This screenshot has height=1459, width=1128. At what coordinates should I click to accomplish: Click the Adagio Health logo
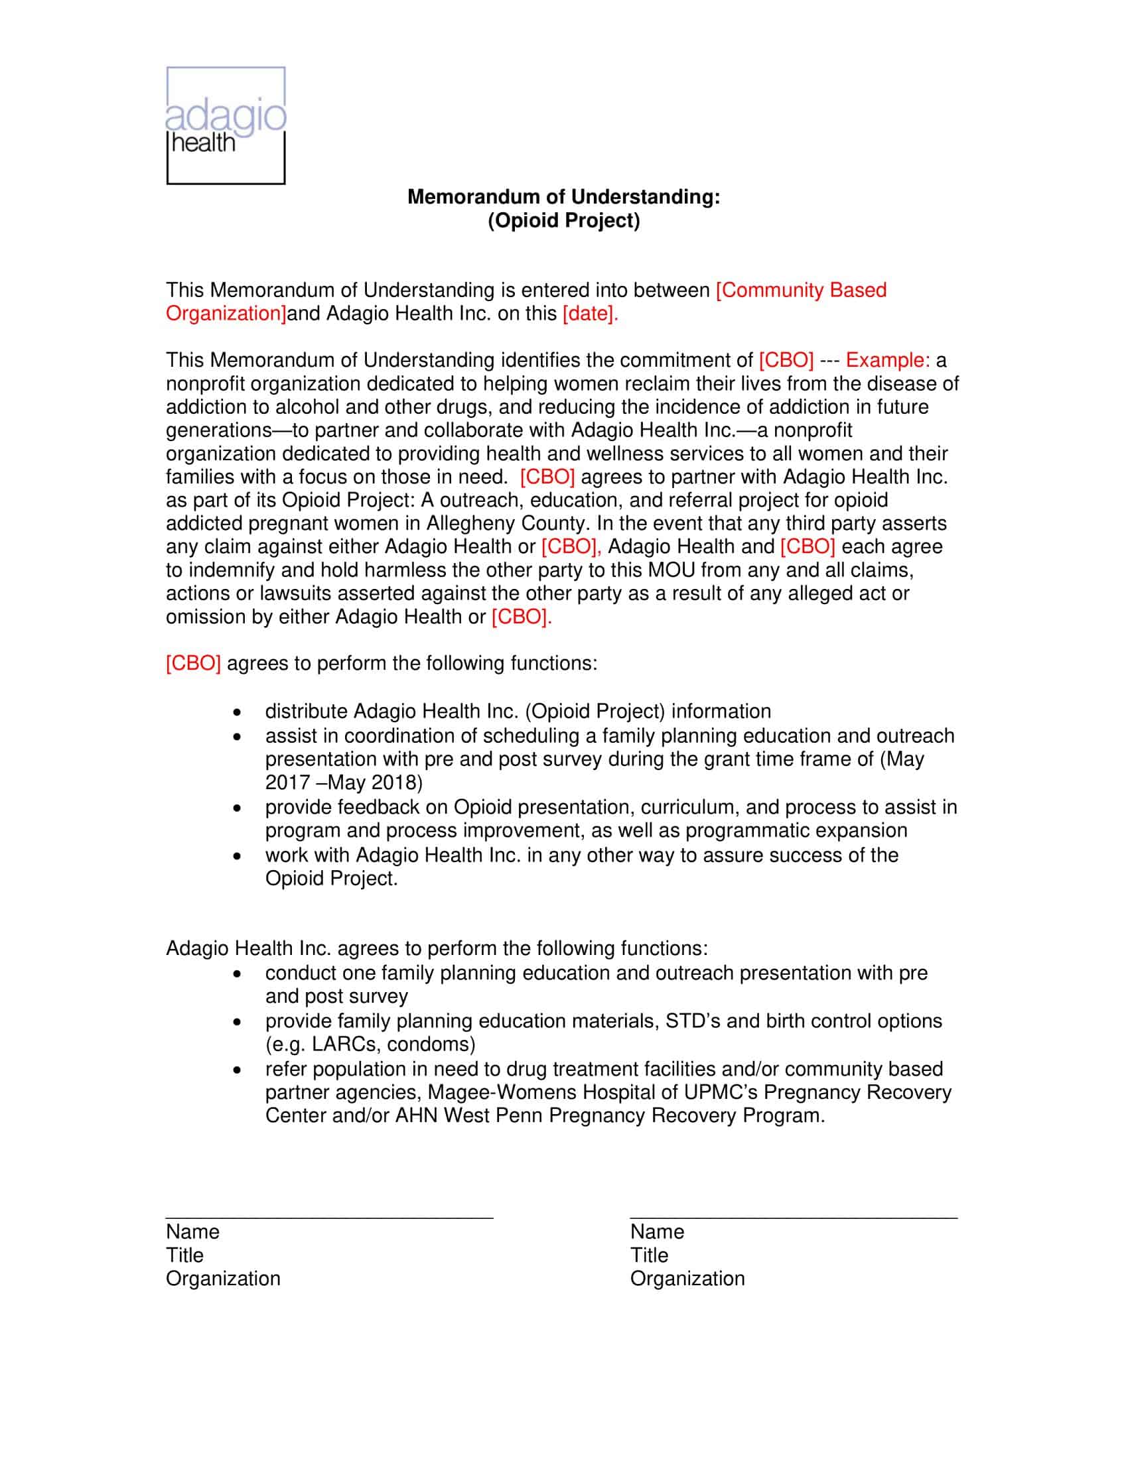pos(226,125)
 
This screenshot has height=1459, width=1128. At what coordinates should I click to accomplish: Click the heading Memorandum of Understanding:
pos(563,196)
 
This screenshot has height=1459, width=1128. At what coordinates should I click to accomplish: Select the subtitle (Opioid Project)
pos(563,220)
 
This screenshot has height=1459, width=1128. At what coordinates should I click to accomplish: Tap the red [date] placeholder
pos(590,313)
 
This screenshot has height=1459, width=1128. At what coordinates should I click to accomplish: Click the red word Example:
pos(887,360)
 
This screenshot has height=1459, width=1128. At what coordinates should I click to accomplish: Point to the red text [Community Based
pos(801,290)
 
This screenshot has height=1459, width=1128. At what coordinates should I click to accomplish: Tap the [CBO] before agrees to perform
pos(193,663)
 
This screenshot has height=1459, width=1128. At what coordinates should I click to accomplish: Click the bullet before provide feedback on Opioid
pos(237,808)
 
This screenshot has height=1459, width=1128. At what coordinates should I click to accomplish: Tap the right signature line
pos(793,1217)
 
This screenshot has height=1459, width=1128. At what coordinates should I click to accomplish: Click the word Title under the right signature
pos(648,1255)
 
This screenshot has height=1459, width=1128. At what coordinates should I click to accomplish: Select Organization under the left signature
pos(222,1279)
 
